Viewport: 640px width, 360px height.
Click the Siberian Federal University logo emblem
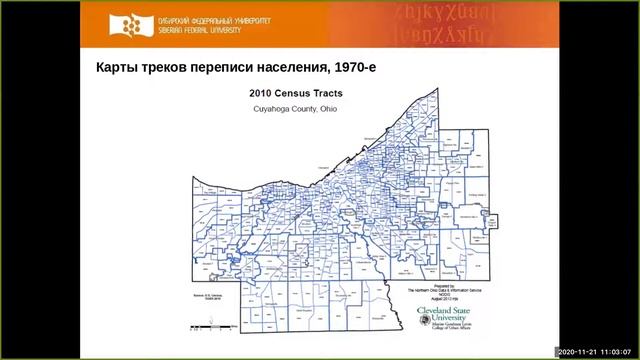point(123,24)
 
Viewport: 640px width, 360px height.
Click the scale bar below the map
point(213,323)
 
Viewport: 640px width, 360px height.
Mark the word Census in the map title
point(288,91)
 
